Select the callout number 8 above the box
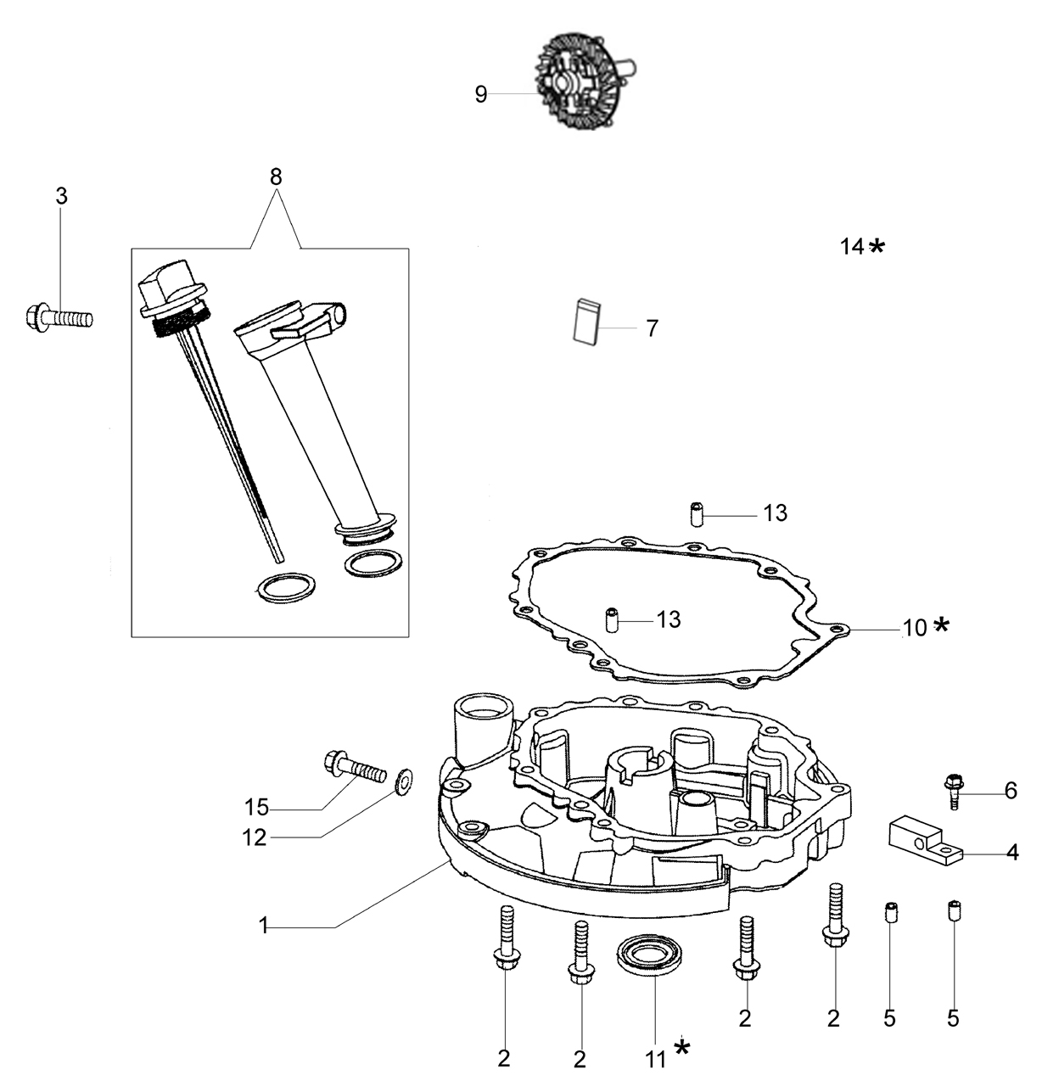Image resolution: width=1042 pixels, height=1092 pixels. click(x=276, y=177)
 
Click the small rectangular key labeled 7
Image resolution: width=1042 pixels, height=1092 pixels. click(x=587, y=322)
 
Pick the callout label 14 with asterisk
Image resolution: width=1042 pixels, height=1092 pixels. click(x=862, y=246)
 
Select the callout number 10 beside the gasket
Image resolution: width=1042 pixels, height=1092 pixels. click(x=915, y=628)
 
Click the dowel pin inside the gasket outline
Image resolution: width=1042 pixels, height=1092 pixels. click(x=612, y=620)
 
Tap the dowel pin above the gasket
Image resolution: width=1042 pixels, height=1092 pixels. click(x=697, y=515)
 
